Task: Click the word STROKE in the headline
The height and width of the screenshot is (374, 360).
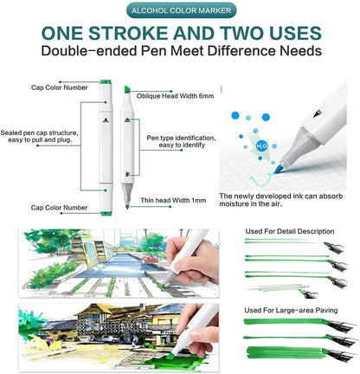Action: click(x=156, y=35)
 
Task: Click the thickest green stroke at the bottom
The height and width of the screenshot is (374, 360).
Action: click(x=286, y=353)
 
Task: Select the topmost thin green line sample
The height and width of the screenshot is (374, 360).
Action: click(x=277, y=243)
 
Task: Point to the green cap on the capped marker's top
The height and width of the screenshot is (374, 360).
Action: click(x=104, y=84)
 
